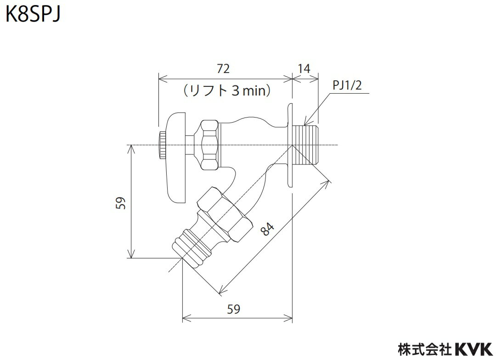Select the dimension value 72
tap(223, 68)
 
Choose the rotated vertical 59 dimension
tap(120, 202)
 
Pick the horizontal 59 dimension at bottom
tap(234, 309)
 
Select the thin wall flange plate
tap(290, 145)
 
